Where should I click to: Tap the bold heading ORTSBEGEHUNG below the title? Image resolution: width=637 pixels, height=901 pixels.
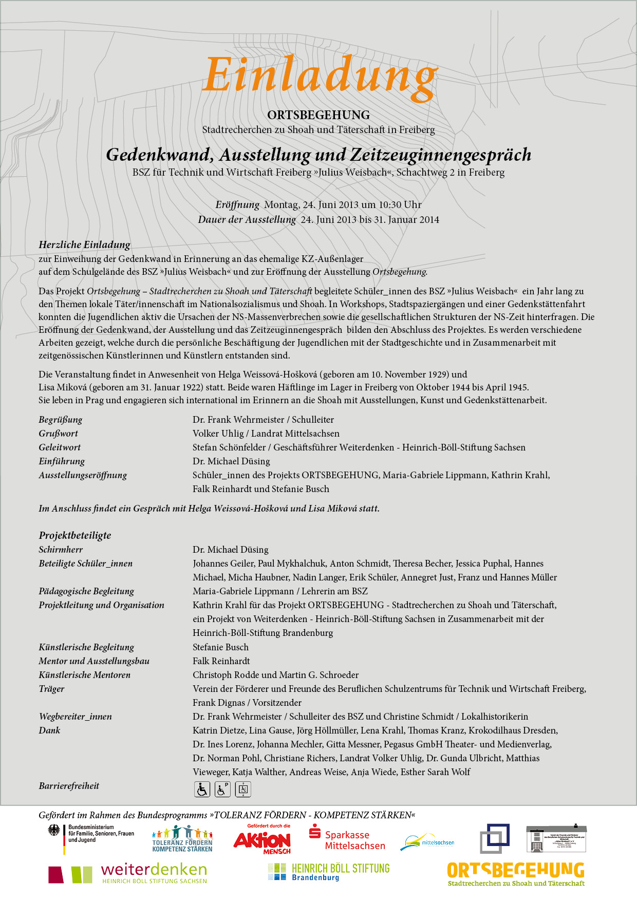click(318, 115)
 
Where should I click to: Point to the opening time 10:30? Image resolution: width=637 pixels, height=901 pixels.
click(390, 205)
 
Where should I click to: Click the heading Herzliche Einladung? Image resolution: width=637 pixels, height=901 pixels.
click(84, 245)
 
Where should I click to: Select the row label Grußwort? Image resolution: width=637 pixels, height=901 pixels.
click(58, 434)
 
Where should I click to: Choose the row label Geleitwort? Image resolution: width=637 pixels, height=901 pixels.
click(60, 447)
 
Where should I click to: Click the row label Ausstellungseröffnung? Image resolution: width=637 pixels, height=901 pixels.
click(83, 475)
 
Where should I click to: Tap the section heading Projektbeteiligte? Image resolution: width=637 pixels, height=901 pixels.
click(75, 535)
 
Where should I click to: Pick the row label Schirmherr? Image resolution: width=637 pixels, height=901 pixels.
click(61, 550)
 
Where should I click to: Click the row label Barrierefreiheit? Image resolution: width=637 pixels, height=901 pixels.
click(69, 786)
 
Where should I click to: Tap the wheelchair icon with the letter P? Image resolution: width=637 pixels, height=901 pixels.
click(222, 789)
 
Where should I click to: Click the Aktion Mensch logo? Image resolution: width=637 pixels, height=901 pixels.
click(262, 840)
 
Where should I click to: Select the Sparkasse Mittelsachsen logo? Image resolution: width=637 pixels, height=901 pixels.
click(347, 839)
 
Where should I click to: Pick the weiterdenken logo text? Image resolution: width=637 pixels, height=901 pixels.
click(154, 870)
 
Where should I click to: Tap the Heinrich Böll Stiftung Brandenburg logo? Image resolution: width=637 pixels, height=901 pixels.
click(329, 872)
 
